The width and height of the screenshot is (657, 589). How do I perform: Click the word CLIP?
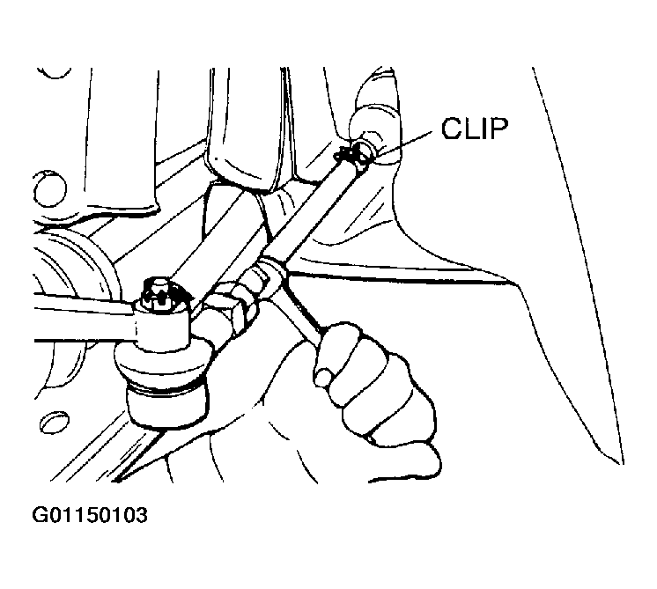475,129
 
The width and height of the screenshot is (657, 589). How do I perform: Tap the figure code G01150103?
90,515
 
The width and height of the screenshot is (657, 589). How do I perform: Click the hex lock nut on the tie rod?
234,308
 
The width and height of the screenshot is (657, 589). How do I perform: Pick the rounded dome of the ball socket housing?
161,359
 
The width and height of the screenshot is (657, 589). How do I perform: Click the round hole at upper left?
49,188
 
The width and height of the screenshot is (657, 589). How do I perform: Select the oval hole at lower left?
55,422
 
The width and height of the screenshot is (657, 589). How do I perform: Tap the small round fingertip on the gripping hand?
324,376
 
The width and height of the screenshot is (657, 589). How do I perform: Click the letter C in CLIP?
453,129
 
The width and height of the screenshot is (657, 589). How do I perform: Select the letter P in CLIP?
499,129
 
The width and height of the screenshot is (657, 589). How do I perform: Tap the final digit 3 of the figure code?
142,515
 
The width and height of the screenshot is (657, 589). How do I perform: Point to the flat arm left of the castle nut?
84,320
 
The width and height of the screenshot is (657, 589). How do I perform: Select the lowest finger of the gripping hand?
404,461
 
